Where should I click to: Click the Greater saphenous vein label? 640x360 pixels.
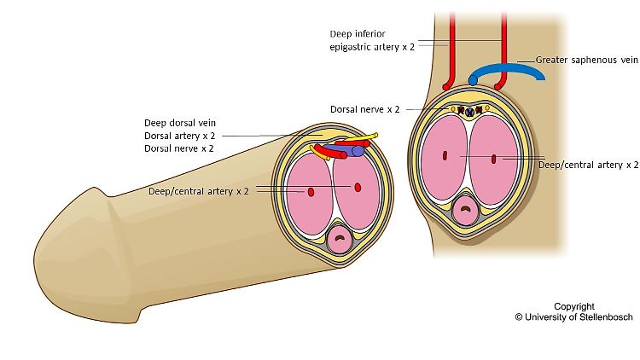pos(586,60)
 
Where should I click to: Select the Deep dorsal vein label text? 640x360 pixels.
pos(180,123)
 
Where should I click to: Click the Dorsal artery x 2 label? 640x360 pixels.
pos(179,136)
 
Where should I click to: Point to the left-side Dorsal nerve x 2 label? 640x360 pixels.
pos(179,148)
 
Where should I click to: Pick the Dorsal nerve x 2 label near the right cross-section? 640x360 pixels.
pos(365,109)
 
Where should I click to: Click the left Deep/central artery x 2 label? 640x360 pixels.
pos(198,191)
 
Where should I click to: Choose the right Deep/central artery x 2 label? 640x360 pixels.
pos(589,165)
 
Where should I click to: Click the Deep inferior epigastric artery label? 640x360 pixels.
pos(372,40)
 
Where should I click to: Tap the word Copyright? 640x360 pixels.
pos(574,306)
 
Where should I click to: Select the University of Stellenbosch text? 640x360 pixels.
pos(574,317)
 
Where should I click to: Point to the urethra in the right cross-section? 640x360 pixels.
pos(465,210)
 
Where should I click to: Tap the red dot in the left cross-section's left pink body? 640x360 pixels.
pos(311,192)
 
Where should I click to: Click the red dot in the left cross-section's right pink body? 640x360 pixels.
pos(358,188)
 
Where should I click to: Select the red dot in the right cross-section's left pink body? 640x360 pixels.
pos(445,155)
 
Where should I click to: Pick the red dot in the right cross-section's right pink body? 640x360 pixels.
pos(493,159)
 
